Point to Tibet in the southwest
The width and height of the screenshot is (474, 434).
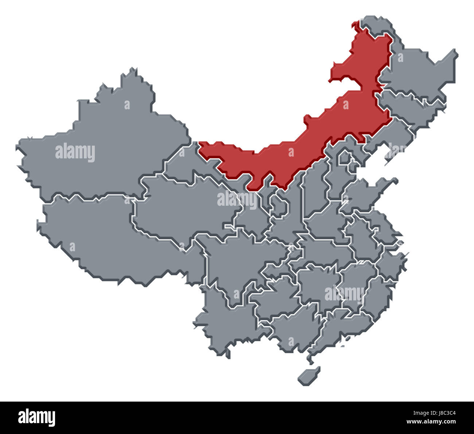(x=109, y=237)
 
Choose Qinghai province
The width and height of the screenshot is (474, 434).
(x=182, y=208)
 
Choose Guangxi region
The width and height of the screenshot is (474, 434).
(x=292, y=328)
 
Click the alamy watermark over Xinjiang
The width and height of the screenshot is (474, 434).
(x=75, y=153)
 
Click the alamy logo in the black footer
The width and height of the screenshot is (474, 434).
(x=36, y=417)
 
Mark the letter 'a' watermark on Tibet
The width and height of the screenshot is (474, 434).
(x=72, y=247)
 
